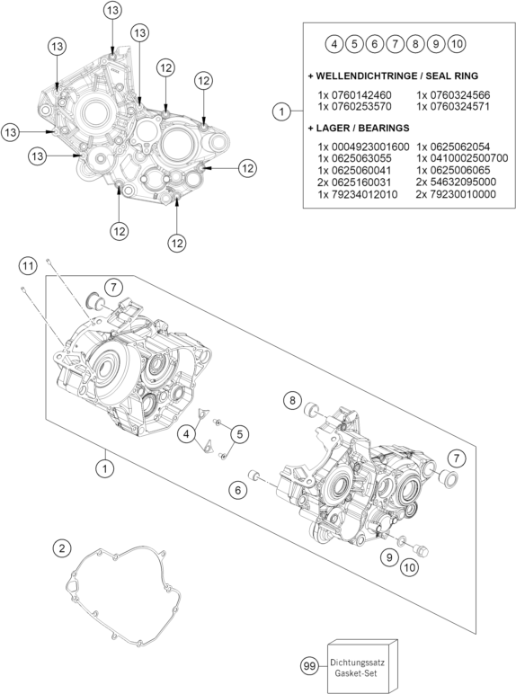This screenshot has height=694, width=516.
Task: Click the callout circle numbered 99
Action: coord(310,665)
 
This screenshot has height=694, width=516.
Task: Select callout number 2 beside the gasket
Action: coord(61,549)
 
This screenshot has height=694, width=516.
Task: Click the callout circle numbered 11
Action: coord(28,266)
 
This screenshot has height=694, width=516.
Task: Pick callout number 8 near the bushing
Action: coord(292,401)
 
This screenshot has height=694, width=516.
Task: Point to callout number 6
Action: coord(238,490)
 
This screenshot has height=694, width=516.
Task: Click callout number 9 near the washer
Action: coord(389,556)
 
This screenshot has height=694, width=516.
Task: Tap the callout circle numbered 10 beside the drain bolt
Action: coord(410,567)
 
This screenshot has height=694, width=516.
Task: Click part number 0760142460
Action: coord(354,94)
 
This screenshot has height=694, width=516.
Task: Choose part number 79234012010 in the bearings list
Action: coord(358,194)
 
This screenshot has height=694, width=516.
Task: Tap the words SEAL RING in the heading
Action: coord(451,76)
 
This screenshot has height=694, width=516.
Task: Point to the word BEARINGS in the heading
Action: coord(384,128)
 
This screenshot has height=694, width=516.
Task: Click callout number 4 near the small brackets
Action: coord(186,434)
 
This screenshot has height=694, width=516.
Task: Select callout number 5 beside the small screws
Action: coord(239,434)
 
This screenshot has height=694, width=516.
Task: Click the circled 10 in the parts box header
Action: coord(458,44)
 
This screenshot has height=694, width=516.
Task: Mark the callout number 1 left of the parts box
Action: coord(281,111)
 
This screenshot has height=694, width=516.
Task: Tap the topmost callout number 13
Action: coord(113,10)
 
